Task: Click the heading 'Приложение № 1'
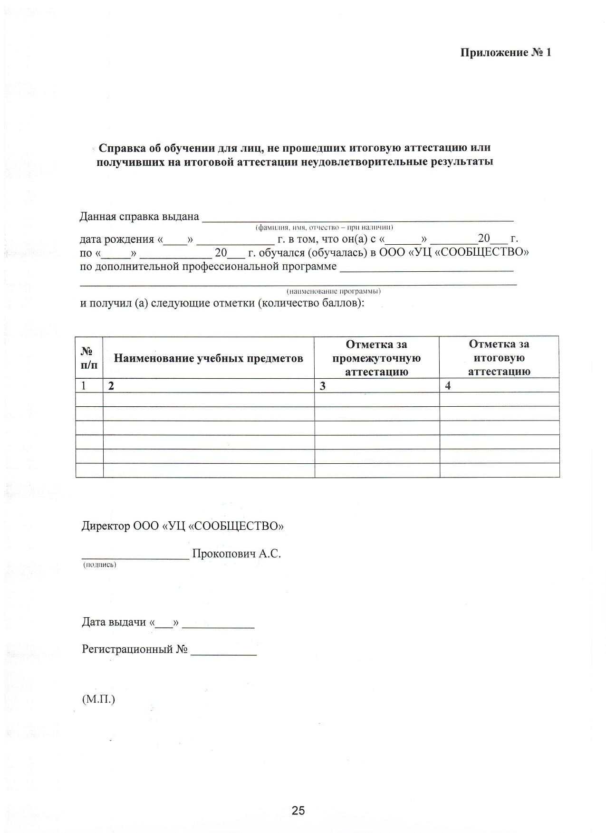(x=505, y=52)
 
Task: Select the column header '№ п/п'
(x=89, y=358)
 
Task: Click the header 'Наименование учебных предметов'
(x=208, y=358)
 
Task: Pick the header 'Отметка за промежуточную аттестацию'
(x=376, y=358)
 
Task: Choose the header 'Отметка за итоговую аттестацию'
(x=499, y=358)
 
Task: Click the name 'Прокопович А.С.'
(x=236, y=554)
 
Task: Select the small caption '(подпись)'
(x=100, y=565)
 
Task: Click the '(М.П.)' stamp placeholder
(x=98, y=699)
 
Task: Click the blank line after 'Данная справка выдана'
(x=357, y=219)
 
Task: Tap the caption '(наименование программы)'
(x=333, y=291)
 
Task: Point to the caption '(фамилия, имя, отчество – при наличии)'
(x=324, y=227)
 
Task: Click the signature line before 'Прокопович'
(x=135, y=556)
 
